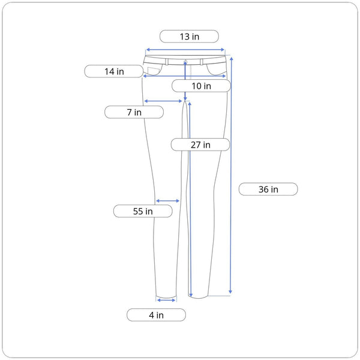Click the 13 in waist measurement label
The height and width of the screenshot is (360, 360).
coord(189,36)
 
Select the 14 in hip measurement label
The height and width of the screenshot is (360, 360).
coord(114,71)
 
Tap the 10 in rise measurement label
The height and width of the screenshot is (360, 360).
coord(201,86)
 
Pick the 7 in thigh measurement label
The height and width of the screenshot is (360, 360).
coord(134,112)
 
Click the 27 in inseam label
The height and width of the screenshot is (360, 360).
coord(200,145)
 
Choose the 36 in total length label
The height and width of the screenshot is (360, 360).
coord(268,189)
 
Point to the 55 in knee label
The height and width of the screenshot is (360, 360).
coord(143,211)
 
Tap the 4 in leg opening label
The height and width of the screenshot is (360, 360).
coord(156,315)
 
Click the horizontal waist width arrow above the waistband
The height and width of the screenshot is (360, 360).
coord(185,50)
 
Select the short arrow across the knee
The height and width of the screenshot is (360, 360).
coord(167,201)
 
